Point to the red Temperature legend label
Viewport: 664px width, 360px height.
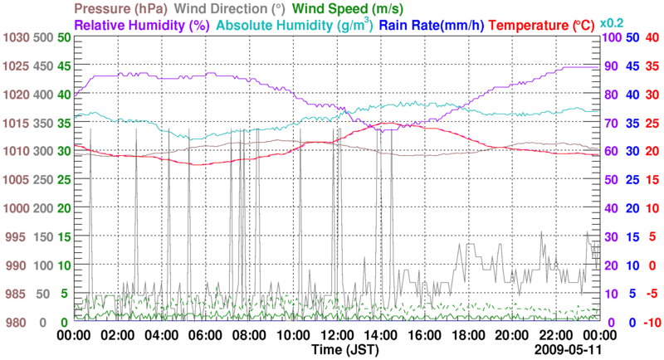coord(544,25)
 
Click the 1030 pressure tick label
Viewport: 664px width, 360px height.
coord(16,38)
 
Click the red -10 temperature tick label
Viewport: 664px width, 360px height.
coord(651,323)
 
